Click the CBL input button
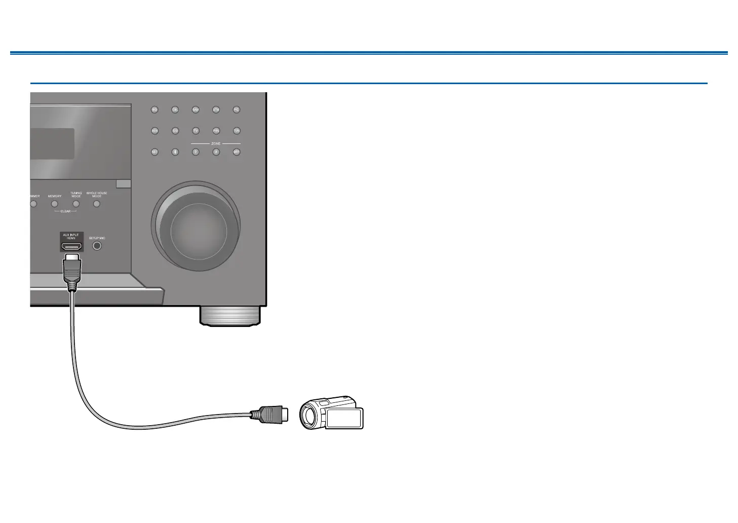coord(175,109)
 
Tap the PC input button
coord(236,109)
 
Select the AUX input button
coord(154,131)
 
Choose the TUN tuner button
coord(236,131)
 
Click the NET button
coord(154,152)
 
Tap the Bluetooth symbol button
coord(175,152)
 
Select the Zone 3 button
coord(216,152)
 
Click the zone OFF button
coord(236,152)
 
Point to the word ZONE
coord(216,144)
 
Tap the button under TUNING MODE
coord(76,204)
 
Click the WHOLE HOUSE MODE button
coord(96,204)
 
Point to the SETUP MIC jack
coord(97,246)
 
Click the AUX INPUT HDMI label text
coord(71,237)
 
